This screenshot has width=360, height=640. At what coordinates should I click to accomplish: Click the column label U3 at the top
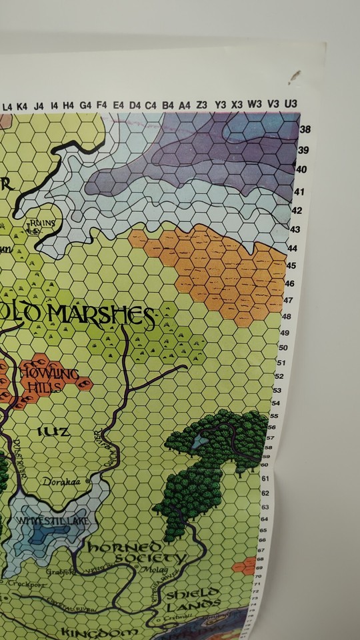pyautogui.click(x=291, y=105)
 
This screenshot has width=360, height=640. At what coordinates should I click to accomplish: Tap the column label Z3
pyautogui.click(x=202, y=105)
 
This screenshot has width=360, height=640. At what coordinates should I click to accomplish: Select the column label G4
pyautogui.click(x=85, y=105)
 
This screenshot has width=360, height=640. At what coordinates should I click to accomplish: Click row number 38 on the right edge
pyautogui.click(x=306, y=129)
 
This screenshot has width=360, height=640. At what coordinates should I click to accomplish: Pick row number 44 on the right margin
pyautogui.click(x=291, y=248)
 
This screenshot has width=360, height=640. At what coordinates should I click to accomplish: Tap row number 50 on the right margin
pyautogui.click(x=283, y=347)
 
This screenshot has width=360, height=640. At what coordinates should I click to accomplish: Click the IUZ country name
pyautogui.click(x=58, y=432)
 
